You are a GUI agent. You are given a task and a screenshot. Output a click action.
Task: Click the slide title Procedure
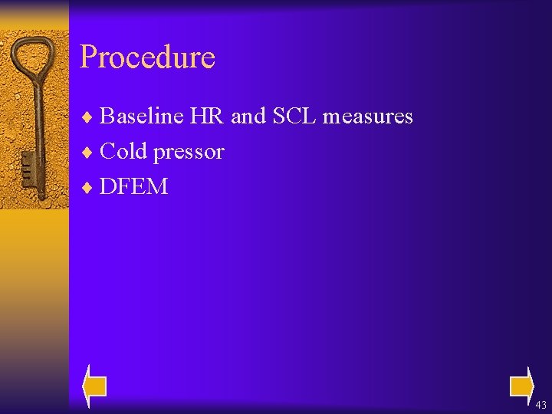(x=147, y=58)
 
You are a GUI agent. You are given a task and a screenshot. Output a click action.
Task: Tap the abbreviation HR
(x=207, y=117)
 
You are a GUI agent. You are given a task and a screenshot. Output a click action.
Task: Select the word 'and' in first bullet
(x=248, y=117)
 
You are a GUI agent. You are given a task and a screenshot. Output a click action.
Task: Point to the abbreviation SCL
(x=294, y=117)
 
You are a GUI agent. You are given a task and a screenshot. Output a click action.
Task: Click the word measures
(x=367, y=117)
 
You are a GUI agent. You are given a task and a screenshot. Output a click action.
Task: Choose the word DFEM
(x=133, y=186)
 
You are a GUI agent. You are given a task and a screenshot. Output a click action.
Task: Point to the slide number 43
(x=540, y=405)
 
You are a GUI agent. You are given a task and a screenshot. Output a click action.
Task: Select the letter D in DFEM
(x=108, y=186)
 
